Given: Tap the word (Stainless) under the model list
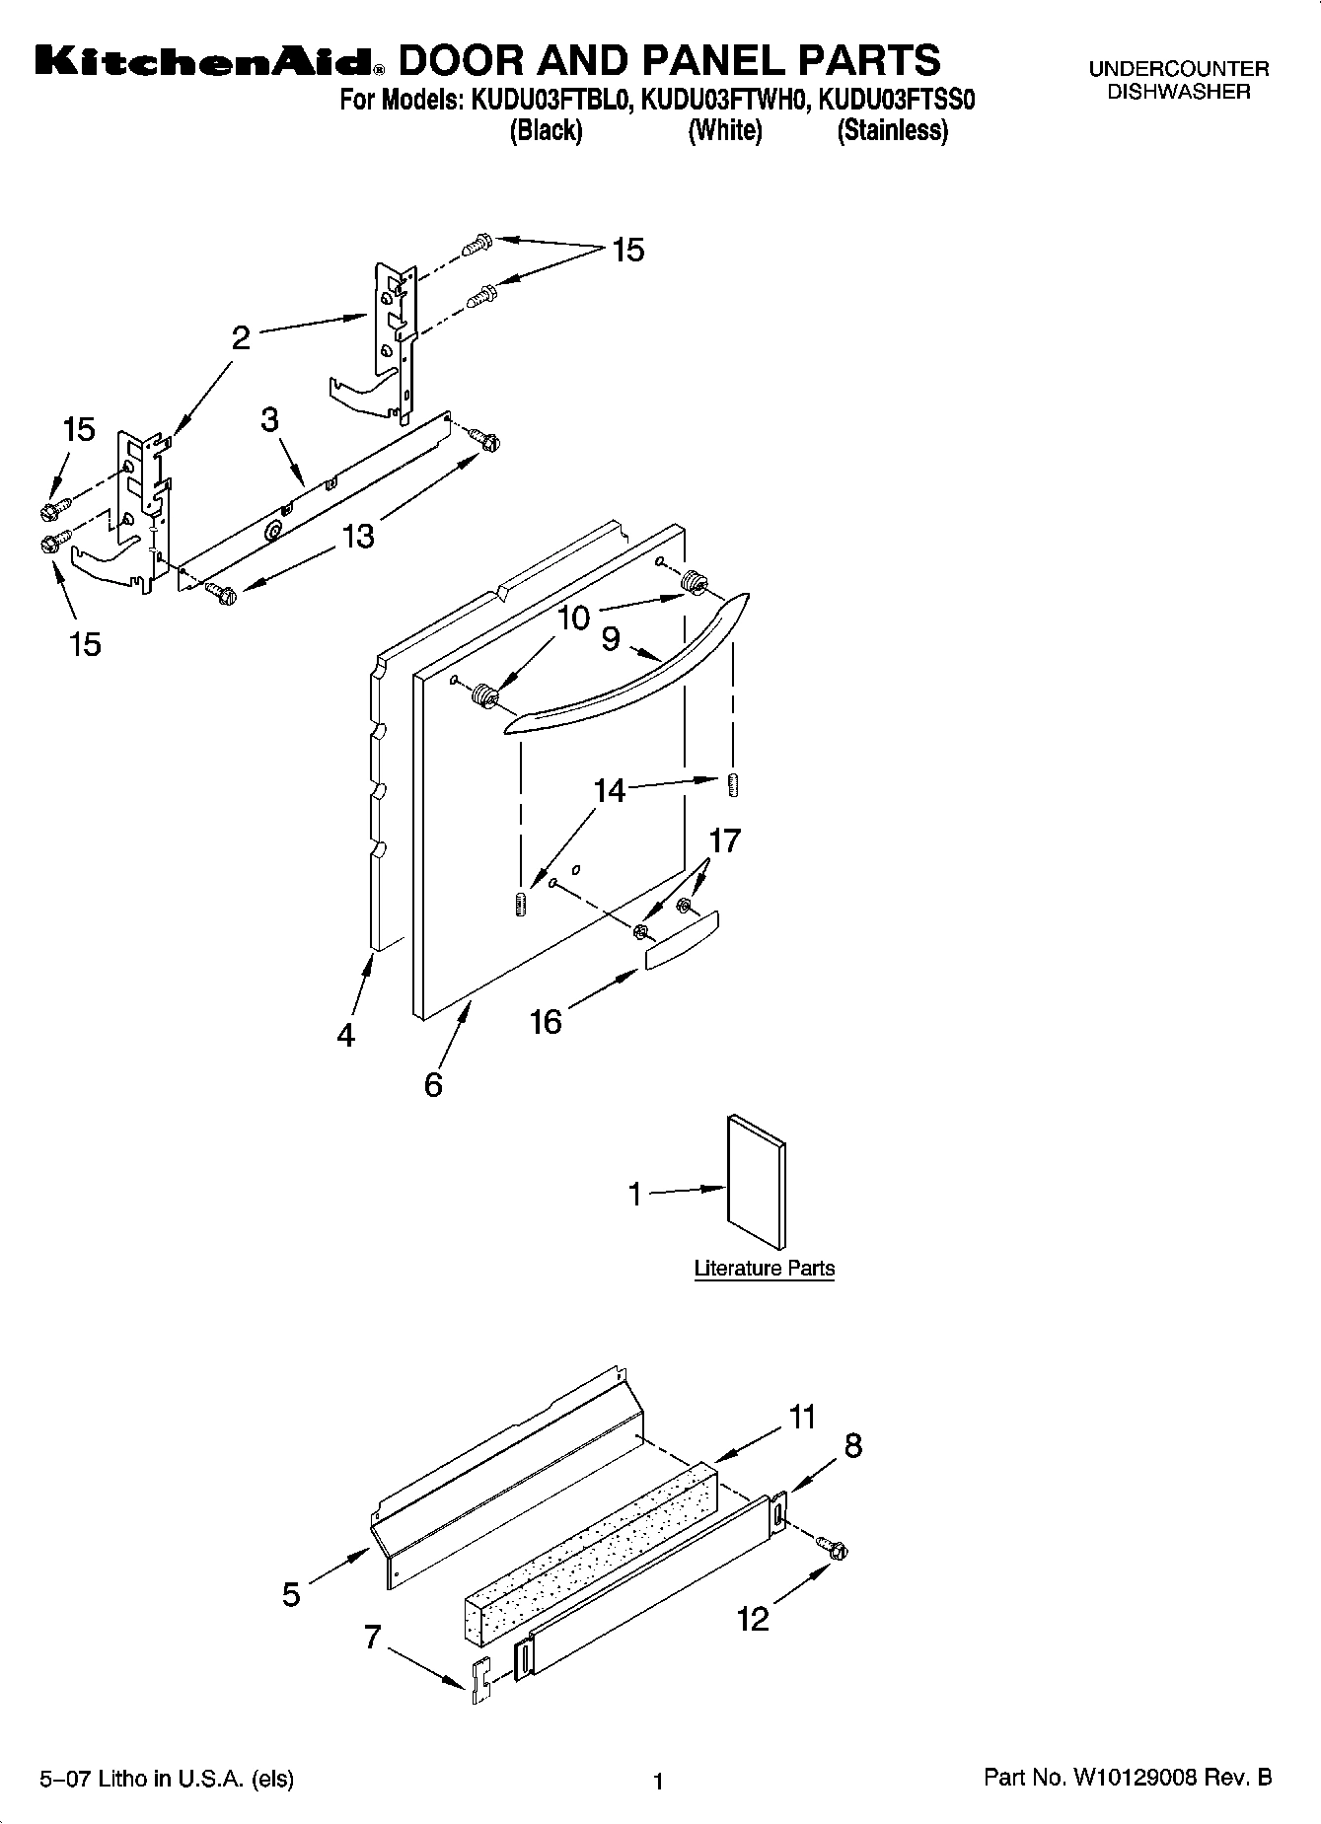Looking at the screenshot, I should [892, 130].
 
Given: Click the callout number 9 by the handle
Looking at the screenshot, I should [611, 640].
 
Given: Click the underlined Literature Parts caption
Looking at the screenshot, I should [764, 1269].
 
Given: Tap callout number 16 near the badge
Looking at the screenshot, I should [546, 1021].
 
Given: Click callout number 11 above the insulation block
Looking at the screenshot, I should [803, 1418].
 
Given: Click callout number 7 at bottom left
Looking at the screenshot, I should [372, 1638].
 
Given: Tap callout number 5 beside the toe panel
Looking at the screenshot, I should [291, 1593].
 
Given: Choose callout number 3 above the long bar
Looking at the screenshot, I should [270, 419].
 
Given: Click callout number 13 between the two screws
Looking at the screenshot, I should [358, 536].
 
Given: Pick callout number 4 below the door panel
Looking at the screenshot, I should [345, 1035].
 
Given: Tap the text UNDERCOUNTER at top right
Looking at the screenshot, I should [1178, 69].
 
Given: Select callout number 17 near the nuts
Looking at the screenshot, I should [725, 840].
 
